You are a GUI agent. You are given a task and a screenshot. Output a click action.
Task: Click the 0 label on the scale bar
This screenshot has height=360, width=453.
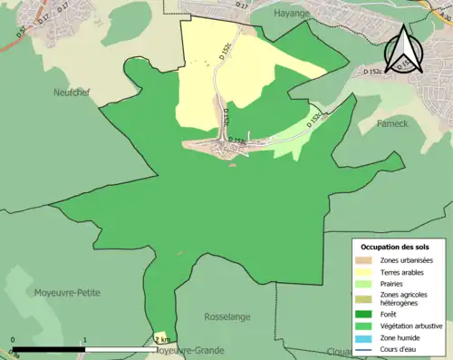click(x=14, y=341)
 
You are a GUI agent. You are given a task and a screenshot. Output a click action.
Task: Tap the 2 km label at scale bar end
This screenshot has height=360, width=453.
click(x=162, y=340)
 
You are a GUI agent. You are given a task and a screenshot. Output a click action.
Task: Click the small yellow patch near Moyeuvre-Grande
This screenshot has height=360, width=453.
click(x=160, y=336)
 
